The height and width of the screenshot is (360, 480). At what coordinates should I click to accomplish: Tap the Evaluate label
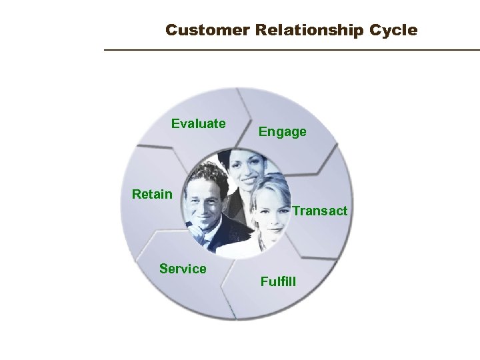[x=198, y=123]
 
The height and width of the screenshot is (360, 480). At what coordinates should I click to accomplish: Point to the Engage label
[x=283, y=132]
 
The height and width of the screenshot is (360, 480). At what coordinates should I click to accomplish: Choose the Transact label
[x=319, y=211]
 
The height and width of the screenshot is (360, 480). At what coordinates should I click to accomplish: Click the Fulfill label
[x=279, y=281]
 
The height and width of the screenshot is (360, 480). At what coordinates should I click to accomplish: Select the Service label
[x=183, y=269]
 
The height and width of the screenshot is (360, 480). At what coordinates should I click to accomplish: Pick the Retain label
[x=152, y=195]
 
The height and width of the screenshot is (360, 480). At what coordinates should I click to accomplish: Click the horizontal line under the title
[x=291, y=50]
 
